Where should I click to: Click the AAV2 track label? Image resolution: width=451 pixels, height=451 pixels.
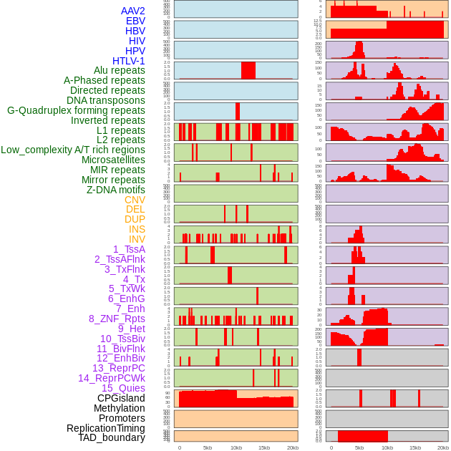click(132, 11)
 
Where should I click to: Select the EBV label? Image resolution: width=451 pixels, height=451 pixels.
click(135, 21)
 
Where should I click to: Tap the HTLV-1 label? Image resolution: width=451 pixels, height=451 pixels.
click(129, 61)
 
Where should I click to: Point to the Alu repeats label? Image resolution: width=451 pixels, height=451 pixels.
click(120, 70)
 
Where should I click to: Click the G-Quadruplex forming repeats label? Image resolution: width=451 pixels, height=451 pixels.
click(76, 110)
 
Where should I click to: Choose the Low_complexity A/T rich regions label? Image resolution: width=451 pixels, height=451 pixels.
click(73, 150)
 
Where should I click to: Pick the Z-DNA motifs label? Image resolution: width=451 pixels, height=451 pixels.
click(116, 190)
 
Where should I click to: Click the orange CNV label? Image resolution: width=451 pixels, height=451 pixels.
click(135, 200)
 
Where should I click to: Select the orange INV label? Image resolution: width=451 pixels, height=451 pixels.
click(137, 239)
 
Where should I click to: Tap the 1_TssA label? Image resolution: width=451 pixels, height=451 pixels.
click(129, 249)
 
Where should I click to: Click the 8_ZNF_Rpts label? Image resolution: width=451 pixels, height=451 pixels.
click(117, 319)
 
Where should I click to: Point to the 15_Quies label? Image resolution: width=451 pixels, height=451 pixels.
click(123, 388)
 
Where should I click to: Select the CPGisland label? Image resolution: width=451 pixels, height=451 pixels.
click(121, 398)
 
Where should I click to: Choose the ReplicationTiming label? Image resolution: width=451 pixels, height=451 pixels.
click(106, 428)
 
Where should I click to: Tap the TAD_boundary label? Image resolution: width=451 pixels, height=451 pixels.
click(112, 437)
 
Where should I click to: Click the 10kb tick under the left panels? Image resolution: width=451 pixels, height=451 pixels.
click(236, 447)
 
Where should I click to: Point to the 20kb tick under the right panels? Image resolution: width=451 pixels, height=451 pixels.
click(443, 447)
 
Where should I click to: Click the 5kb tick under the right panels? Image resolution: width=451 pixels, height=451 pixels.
click(359, 447)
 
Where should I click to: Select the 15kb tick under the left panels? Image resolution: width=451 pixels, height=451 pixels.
click(264, 447)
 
